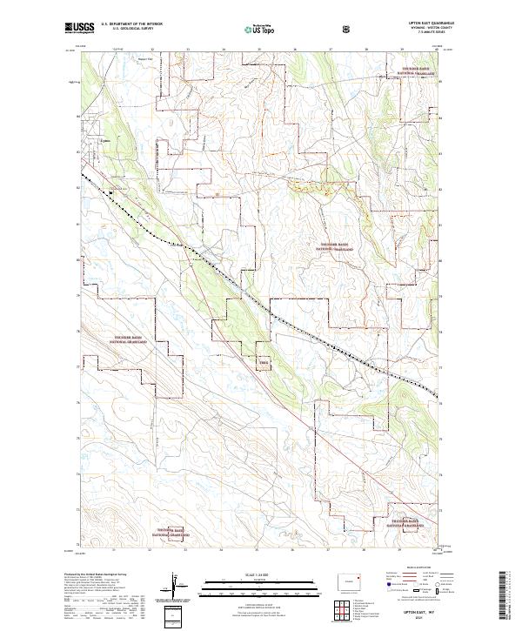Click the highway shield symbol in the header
349,29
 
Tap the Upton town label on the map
106,137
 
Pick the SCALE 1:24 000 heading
252,574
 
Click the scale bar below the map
252,585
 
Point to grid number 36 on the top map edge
295,50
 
